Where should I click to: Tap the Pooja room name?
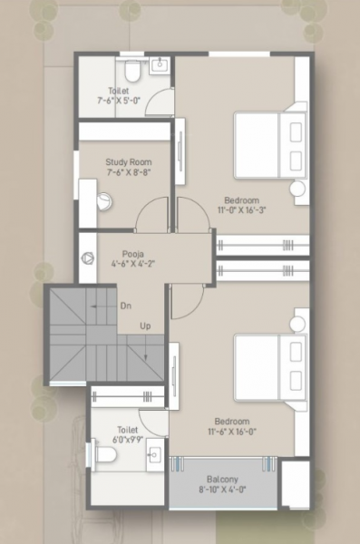pos(135,256)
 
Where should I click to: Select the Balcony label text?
pos(222,480)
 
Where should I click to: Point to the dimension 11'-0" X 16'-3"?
pos(242,210)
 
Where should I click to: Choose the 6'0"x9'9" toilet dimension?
pos(126,440)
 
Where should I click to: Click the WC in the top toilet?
pos(131,69)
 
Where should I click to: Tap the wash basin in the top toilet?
pos(159,64)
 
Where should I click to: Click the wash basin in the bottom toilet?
pos(154,452)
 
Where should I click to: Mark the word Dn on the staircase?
pos(125,306)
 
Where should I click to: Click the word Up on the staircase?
pos(145,325)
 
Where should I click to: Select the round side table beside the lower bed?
pos(297,323)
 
